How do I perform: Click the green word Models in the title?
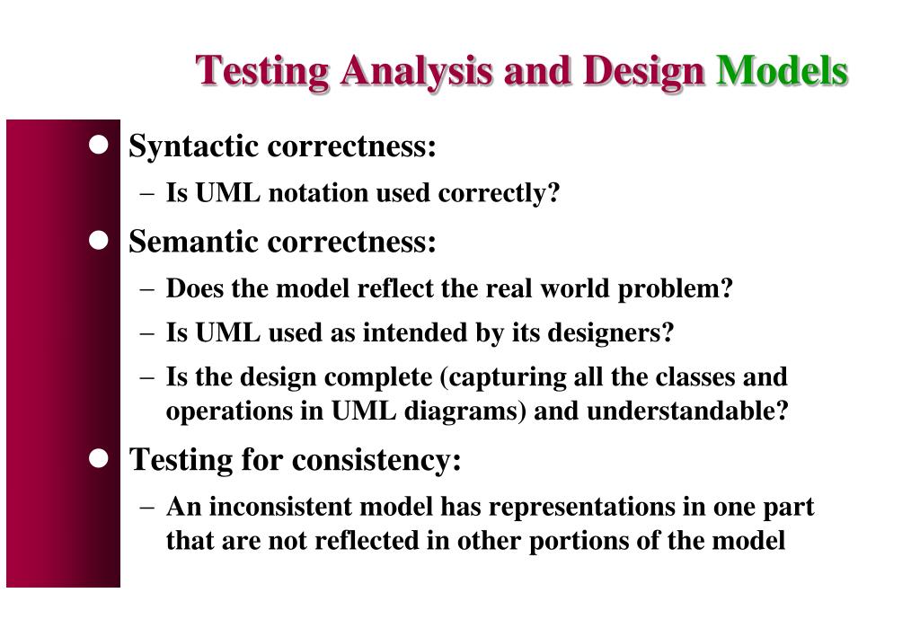point(781,70)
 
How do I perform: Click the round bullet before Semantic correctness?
point(99,240)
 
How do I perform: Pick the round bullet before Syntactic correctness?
point(99,144)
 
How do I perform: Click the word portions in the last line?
point(565,541)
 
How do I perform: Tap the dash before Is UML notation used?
point(148,194)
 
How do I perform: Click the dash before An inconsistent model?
point(148,508)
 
